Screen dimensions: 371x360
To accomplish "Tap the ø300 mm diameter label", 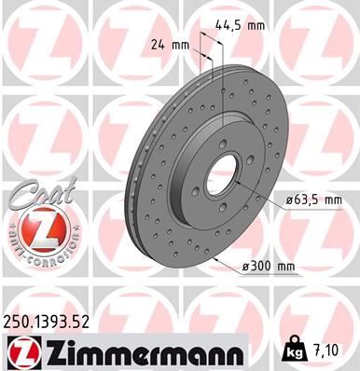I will (268, 268).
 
